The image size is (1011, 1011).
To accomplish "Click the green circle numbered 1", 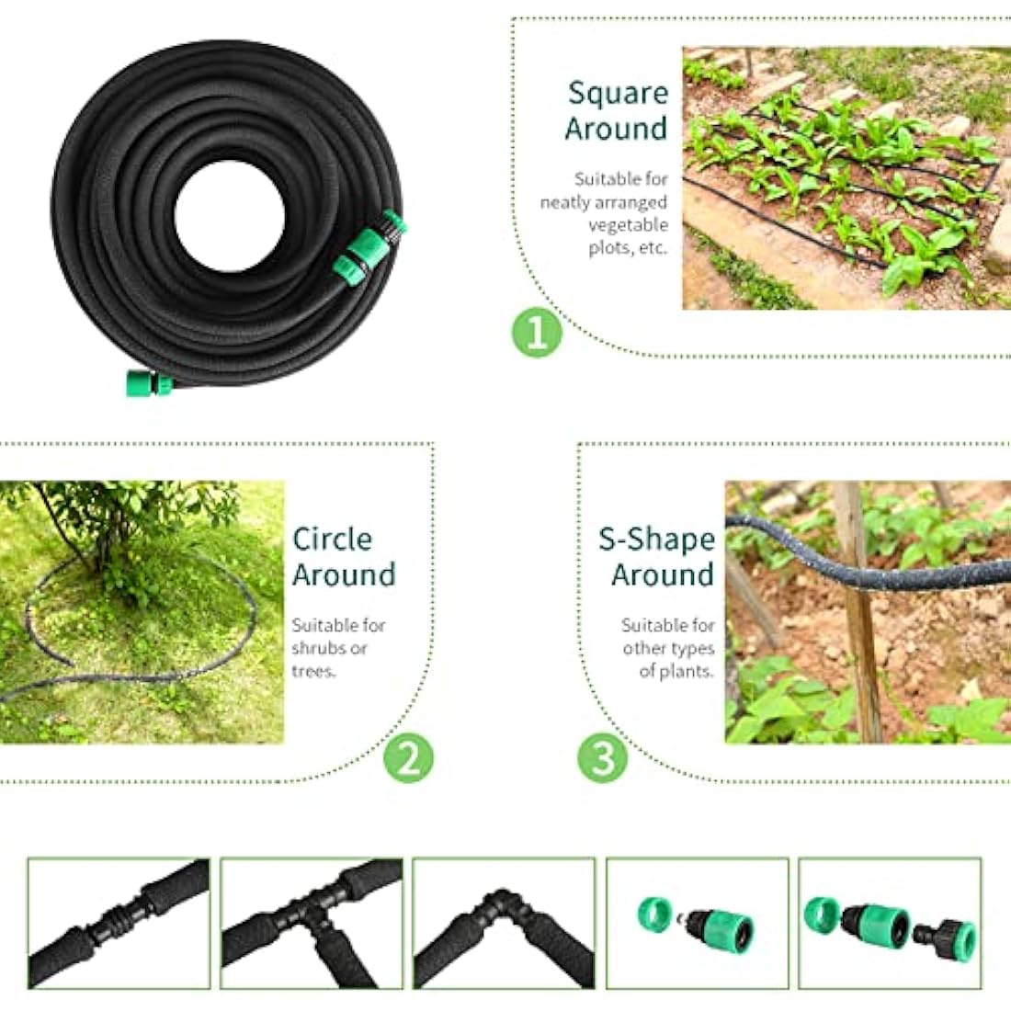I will point(536,333).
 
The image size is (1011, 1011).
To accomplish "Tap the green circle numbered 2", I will point(407,759).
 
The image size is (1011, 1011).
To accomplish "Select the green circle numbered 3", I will point(603,759).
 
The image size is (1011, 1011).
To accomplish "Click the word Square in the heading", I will point(618,93).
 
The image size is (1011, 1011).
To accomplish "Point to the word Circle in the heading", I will point(332,539).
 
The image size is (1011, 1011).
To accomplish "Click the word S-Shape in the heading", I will point(656,539).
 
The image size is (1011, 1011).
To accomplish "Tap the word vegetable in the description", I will point(628,225).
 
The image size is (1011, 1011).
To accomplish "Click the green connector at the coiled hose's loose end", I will point(149,382).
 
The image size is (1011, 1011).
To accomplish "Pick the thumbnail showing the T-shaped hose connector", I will point(312,923).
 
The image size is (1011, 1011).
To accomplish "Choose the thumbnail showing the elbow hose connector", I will point(504,923).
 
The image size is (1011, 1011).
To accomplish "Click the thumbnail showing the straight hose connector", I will point(119,923).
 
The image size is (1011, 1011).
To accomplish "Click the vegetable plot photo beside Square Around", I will point(846,178).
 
